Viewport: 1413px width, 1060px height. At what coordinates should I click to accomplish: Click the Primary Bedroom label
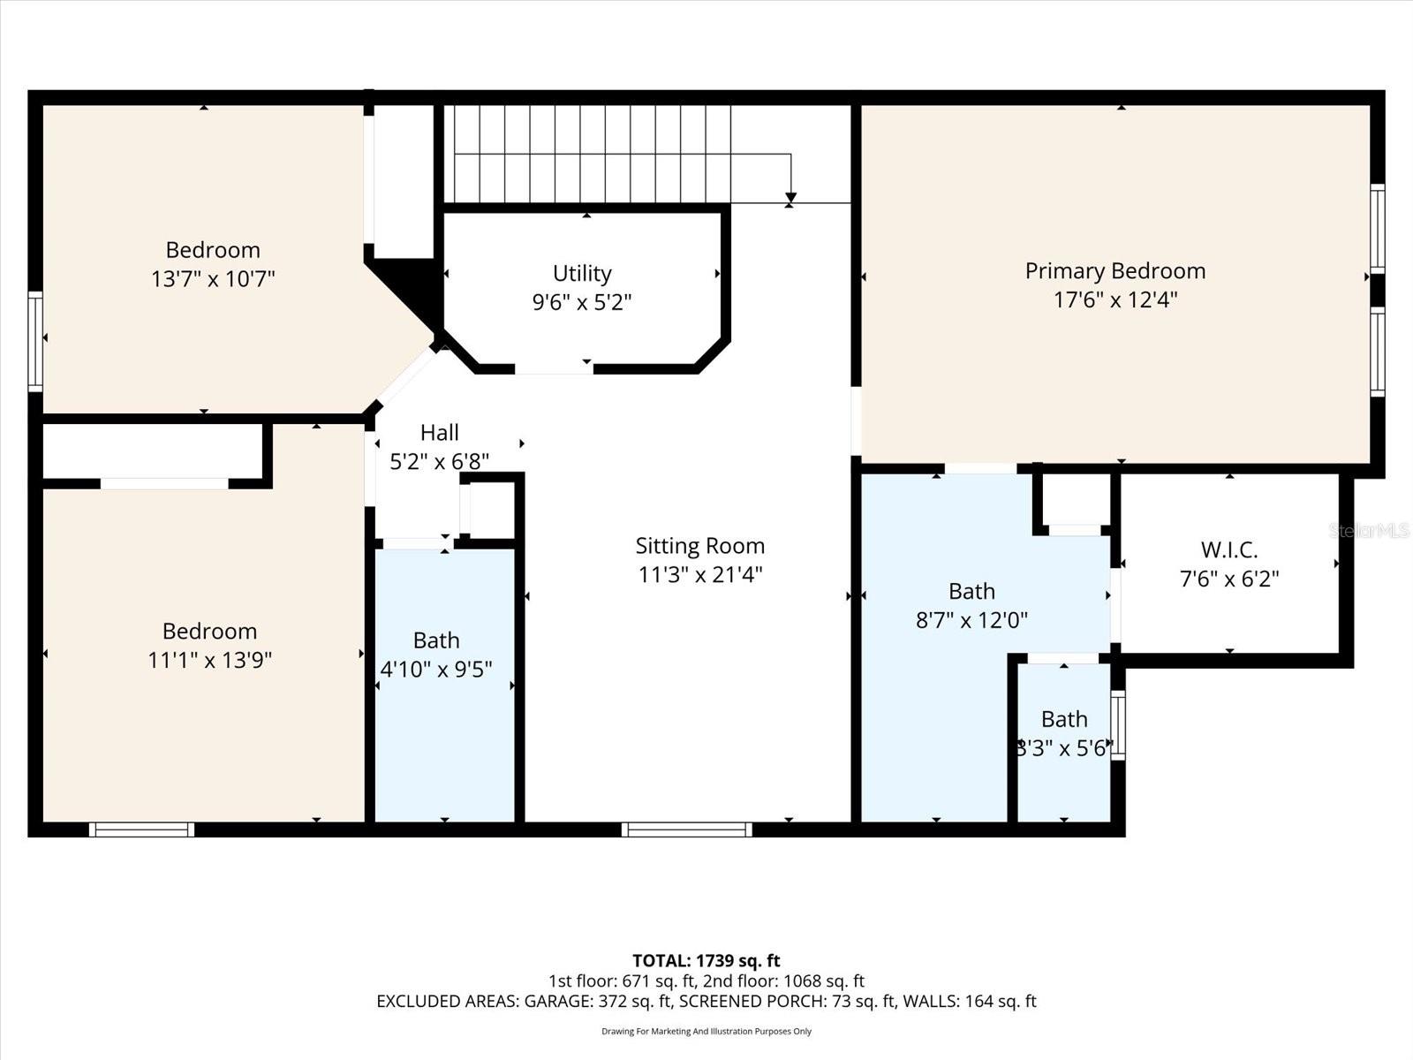(x=1115, y=271)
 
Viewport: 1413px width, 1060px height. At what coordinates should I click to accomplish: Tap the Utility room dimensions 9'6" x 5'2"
(x=582, y=303)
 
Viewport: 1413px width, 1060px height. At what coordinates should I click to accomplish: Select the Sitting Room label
(x=700, y=546)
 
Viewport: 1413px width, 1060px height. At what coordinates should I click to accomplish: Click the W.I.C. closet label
(x=1229, y=550)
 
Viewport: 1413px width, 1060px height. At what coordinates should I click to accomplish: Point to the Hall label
(x=439, y=433)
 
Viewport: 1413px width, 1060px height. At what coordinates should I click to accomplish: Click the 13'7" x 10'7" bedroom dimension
(x=213, y=279)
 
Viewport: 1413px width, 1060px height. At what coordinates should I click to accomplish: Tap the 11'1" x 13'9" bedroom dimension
(x=209, y=660)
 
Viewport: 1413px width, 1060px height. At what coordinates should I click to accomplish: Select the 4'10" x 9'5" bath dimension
(x=436, y=669)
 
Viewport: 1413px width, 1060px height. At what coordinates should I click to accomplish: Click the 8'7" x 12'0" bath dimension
(x=971, y=620)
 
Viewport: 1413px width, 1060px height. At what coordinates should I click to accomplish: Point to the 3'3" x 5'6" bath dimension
(x=1064, y=749)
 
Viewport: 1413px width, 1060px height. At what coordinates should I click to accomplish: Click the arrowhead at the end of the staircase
(x=790, y=198)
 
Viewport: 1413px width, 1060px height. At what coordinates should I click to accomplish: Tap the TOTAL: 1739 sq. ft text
(x=706, y=960)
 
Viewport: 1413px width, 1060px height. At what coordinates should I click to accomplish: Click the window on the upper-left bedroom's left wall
(x=35, y=341)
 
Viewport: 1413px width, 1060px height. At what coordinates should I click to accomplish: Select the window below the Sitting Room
(x=687, y=829)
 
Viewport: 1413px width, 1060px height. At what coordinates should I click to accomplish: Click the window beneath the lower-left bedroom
(x=141, y=829)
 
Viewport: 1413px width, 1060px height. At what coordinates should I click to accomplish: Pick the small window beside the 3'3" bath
(x=1118, y=725)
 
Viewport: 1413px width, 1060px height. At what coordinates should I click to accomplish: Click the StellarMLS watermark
(x=1369, y=531)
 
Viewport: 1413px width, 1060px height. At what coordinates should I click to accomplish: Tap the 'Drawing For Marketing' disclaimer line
(x=706, y=1031)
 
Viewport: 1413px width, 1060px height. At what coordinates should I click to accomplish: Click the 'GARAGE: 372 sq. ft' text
(x=598, y=1001)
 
